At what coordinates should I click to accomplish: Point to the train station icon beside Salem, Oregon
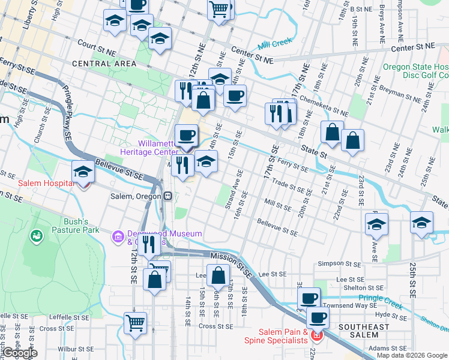pyautogui.click(x=170, y=196)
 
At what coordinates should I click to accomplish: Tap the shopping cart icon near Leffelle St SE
pyautogui.click(x=136, y=323)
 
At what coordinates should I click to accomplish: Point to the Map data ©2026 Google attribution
pyautogui.click(x=412, y=355)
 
